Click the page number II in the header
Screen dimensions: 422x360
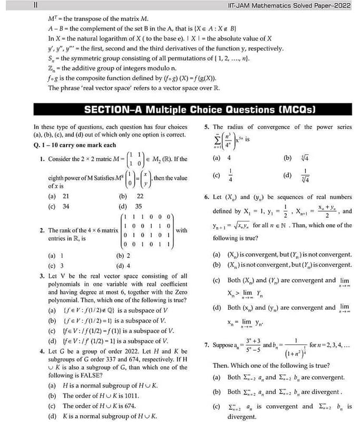(x=34, y=5)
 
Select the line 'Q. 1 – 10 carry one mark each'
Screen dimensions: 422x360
(x=74, y=145)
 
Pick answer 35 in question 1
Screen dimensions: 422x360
(x=139, y=206)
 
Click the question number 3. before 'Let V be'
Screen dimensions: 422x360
(x=42, y=275)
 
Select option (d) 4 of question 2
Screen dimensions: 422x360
(x=123, y=266)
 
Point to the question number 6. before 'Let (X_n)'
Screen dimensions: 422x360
(x=207, y=197)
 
